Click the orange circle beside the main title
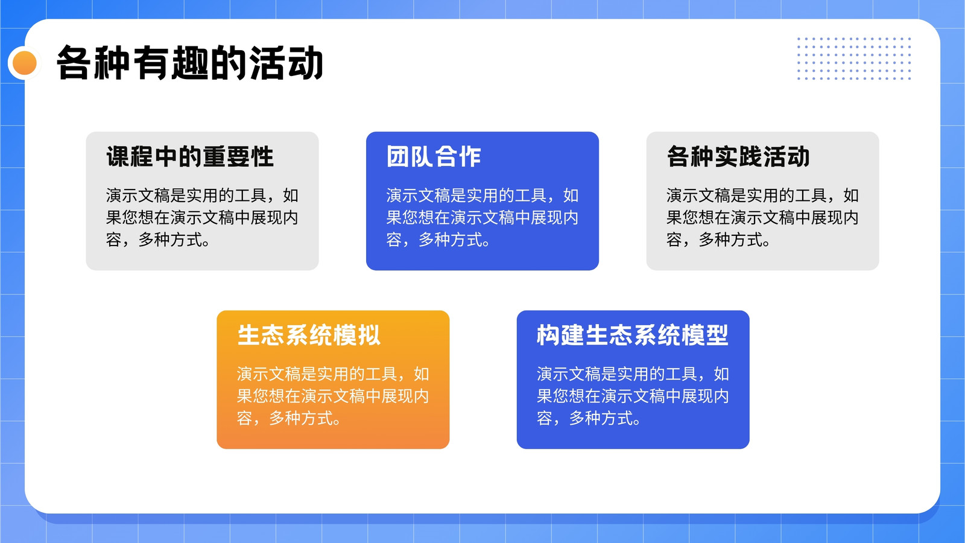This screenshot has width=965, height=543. (25, 63)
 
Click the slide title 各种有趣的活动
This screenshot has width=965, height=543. (189, 63)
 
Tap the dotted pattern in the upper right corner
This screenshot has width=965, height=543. (854, 59)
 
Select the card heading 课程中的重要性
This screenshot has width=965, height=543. (190, 156)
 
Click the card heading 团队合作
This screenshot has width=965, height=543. (434, 156)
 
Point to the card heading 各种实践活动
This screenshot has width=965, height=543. (738, 156)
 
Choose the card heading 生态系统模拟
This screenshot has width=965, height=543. (309, 335)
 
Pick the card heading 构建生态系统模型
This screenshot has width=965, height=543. (633, 335)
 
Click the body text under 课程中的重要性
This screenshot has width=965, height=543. (202, 217)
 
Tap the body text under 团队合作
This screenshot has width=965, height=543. (482, 217)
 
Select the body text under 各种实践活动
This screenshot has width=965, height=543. (762, 217)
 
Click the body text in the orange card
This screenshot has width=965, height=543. (332, 396)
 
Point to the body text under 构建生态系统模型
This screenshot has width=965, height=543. (633, 396)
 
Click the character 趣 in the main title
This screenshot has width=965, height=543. (190, 63)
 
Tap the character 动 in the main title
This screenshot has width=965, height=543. (305, 63)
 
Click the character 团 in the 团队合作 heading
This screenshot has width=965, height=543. (397, 156)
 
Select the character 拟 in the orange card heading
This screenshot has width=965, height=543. (369, 335)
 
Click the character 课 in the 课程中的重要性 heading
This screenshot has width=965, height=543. (118, 156)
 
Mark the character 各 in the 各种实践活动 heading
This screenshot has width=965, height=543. (679, 156)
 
